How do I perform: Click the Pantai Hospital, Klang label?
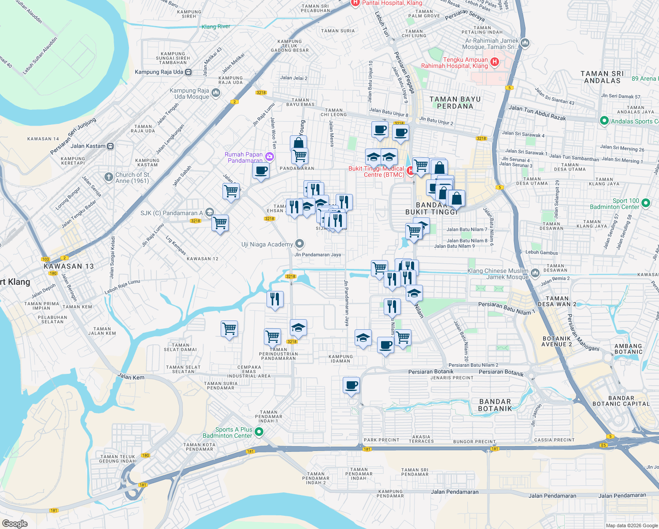[392, 3]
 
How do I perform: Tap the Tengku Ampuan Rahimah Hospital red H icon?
[495, 62]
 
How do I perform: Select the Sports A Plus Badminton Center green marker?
[259, 432]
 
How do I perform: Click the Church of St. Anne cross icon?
[108, 177]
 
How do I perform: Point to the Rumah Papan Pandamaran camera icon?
[270, 156]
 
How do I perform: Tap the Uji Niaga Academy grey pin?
[300, 244]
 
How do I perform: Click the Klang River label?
[216, 26]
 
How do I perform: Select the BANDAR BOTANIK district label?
[495, 405]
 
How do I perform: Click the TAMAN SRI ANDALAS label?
[602, 77]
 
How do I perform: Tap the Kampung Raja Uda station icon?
[189, 72]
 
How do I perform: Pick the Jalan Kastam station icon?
[111, 146]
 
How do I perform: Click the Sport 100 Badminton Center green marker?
[646, 203]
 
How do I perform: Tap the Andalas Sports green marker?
[604, 121]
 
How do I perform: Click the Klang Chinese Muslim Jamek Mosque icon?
[535, 273]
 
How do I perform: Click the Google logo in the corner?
[15, 523]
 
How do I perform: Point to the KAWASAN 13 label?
[69, 266]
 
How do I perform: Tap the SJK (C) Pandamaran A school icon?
[210, 213]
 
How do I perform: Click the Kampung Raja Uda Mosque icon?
[215, 93]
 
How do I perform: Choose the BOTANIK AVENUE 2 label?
[557, 341]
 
